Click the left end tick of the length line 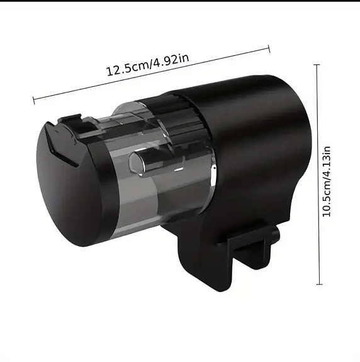click(33, 99)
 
